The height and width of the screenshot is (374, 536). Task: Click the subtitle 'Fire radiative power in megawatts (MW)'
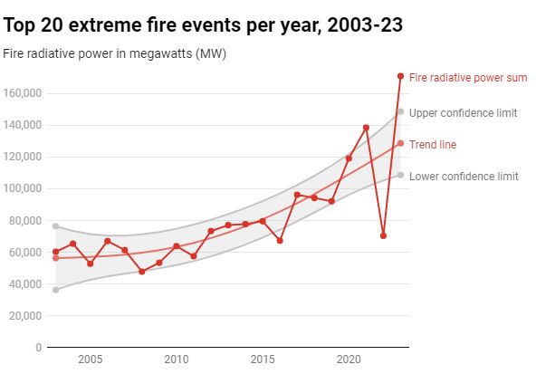coord(114,53)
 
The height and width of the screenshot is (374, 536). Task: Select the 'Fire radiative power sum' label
coord(468,78)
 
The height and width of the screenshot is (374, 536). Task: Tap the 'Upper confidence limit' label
coord(464,113)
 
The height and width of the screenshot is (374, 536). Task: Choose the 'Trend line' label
coord(433,144)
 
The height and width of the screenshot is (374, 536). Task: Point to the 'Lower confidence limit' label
coord(464,177)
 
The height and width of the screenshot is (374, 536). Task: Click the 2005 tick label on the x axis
coord(90,360)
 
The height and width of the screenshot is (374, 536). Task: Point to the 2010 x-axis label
coord(176,360)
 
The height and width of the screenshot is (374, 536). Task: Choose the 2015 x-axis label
coord(263,360)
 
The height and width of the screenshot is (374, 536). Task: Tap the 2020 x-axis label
coord(349,360)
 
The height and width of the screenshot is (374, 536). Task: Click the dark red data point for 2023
coord(400,76)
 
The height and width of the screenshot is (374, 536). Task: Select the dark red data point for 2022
coord(383,235)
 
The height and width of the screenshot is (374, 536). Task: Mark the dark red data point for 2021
coord(366,128)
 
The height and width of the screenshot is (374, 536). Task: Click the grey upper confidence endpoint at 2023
coord(400,111)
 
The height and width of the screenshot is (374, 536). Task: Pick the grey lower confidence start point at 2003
coord(55,290)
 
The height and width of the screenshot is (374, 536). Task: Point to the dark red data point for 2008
coord(141,272)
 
